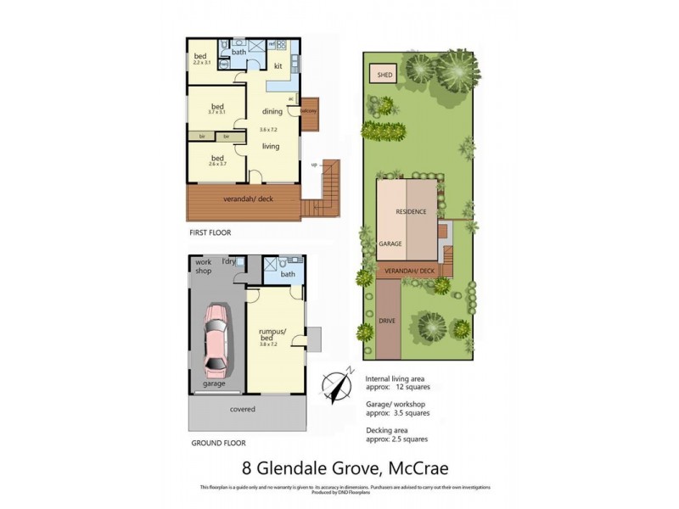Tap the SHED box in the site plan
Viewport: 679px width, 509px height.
[384, 75]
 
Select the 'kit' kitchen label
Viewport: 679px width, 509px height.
[278, 65]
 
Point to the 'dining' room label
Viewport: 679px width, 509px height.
[272, 111]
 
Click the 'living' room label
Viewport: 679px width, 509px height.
[271, 147]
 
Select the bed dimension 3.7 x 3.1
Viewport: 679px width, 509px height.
[216, 112]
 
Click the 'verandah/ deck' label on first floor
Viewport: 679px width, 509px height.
[241, 199]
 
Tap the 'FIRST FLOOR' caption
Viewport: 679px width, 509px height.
[209, 232]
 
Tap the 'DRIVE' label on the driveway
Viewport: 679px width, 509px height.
[388, 321]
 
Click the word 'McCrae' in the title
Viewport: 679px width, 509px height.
[412, 467]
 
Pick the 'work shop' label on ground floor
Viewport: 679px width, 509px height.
[204, 266]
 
